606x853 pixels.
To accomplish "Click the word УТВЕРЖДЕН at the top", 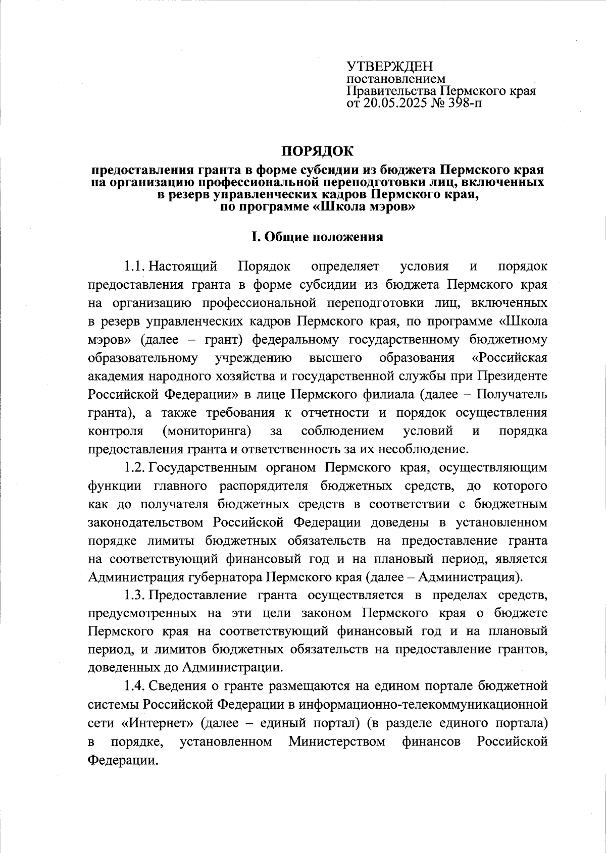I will pos(389,67).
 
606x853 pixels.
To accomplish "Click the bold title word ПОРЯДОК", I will pos(318,150).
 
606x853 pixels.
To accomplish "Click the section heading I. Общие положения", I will pos(318,237).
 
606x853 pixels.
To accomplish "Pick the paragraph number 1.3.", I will pos(135,595).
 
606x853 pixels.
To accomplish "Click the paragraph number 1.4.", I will pos(135,685).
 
